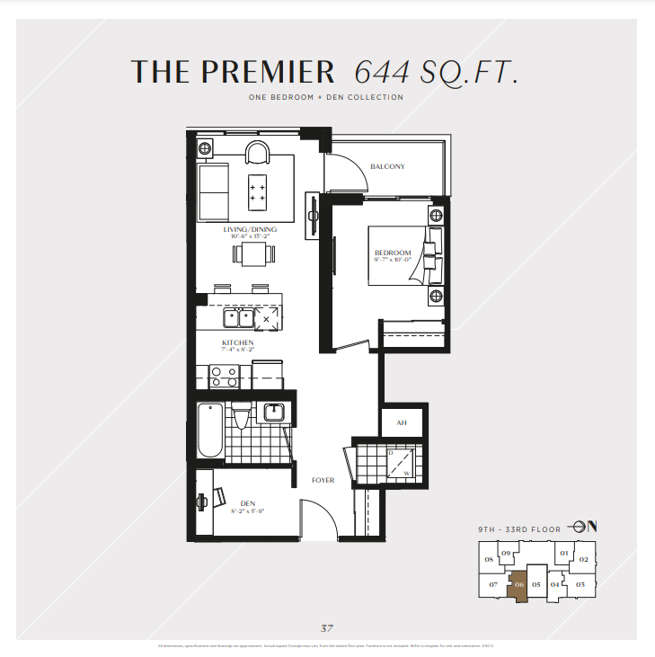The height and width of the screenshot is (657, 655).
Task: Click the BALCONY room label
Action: pyautogui.click(x=387, y=166)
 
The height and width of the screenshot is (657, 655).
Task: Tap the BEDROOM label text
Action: pyautogui.click(x=393, y=253)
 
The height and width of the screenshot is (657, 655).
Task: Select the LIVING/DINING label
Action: pyautogui.click(x=250, y=230)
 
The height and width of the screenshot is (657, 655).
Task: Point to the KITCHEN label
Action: pyautogui.click(x=237, y=343)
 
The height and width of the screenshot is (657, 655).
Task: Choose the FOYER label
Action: pyautogui.click(x=323, y=480)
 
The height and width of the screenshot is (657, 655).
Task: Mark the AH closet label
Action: pyautogui.click(x=401, y=422)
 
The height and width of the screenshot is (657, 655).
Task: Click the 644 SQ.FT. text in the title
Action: pyautogui.click(x=436, y=71)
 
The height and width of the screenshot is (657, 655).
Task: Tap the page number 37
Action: pyautogui.click(x=327, y=627)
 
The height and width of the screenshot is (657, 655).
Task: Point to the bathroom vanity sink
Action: pyautogui.click(x=274, y=413)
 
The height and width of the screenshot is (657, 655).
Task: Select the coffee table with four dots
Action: pyautogui.click(x=259, y=187)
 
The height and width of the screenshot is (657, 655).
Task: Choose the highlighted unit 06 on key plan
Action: pyautogui.click(x=519, y=588)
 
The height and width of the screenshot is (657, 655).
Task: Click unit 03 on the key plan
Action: pyautogui.click(x=580, y=585)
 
